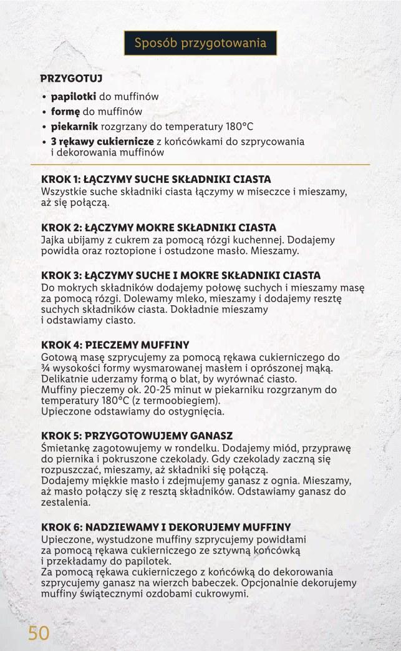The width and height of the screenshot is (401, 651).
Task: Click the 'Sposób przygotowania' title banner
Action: click(200, 43)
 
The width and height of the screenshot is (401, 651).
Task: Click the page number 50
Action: click(38, 632)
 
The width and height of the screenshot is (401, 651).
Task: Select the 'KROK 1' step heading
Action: click(156, 180)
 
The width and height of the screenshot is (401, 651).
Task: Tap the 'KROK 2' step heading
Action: click(158, 227)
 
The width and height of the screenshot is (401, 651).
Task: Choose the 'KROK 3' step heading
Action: click(181, 275)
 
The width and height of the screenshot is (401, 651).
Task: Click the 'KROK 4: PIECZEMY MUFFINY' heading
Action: click(115, 345)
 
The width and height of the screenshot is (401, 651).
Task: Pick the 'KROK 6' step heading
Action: click(165, 527)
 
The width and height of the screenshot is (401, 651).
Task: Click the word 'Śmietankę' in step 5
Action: click(65, 448)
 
